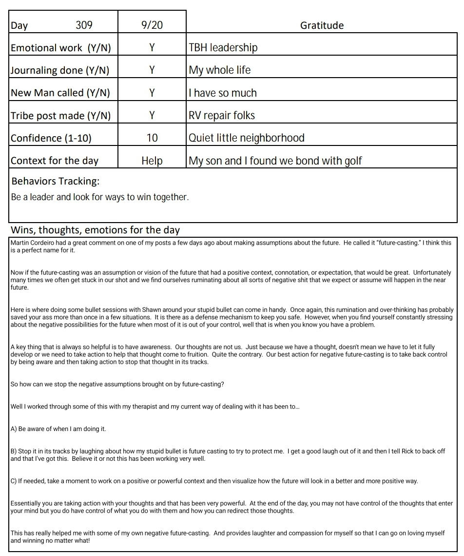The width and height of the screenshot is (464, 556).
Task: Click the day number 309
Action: coord(84,25)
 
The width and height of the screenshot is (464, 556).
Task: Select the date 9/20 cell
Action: coord(152,25)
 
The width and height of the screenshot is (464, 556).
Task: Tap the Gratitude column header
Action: coord(322,25)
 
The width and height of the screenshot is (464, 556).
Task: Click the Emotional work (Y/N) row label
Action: coord(61,48)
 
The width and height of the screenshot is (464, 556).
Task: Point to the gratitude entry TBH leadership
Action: coord(223,48)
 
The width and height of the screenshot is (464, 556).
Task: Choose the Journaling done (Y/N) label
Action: coord(60,70)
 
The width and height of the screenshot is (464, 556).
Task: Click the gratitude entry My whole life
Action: coord(220,70)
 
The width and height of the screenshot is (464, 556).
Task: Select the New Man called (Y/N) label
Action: coord(60,93)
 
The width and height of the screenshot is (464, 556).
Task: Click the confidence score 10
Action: coord(152,138)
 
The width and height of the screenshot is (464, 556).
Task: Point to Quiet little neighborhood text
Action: coord(247,138)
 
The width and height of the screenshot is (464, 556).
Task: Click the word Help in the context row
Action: coord(152,161)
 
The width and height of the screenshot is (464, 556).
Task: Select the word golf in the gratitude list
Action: coord(353,161)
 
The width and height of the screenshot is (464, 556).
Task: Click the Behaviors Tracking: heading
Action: coord(56,181)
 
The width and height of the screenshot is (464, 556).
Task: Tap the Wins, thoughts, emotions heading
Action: coord(95,230)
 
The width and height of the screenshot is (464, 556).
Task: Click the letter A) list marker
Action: coord(14,429)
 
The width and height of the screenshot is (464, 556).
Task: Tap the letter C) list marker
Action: coord(14,481)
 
